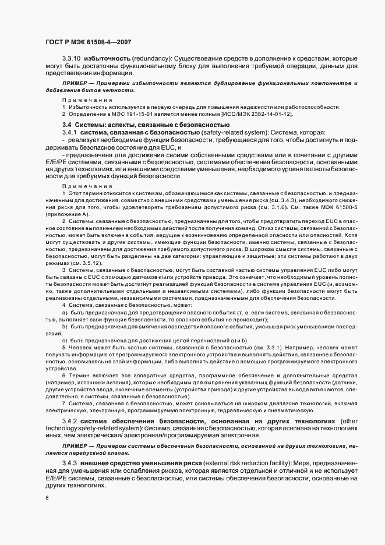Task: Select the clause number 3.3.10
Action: (72, 59)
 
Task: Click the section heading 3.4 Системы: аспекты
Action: (146, 125)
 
